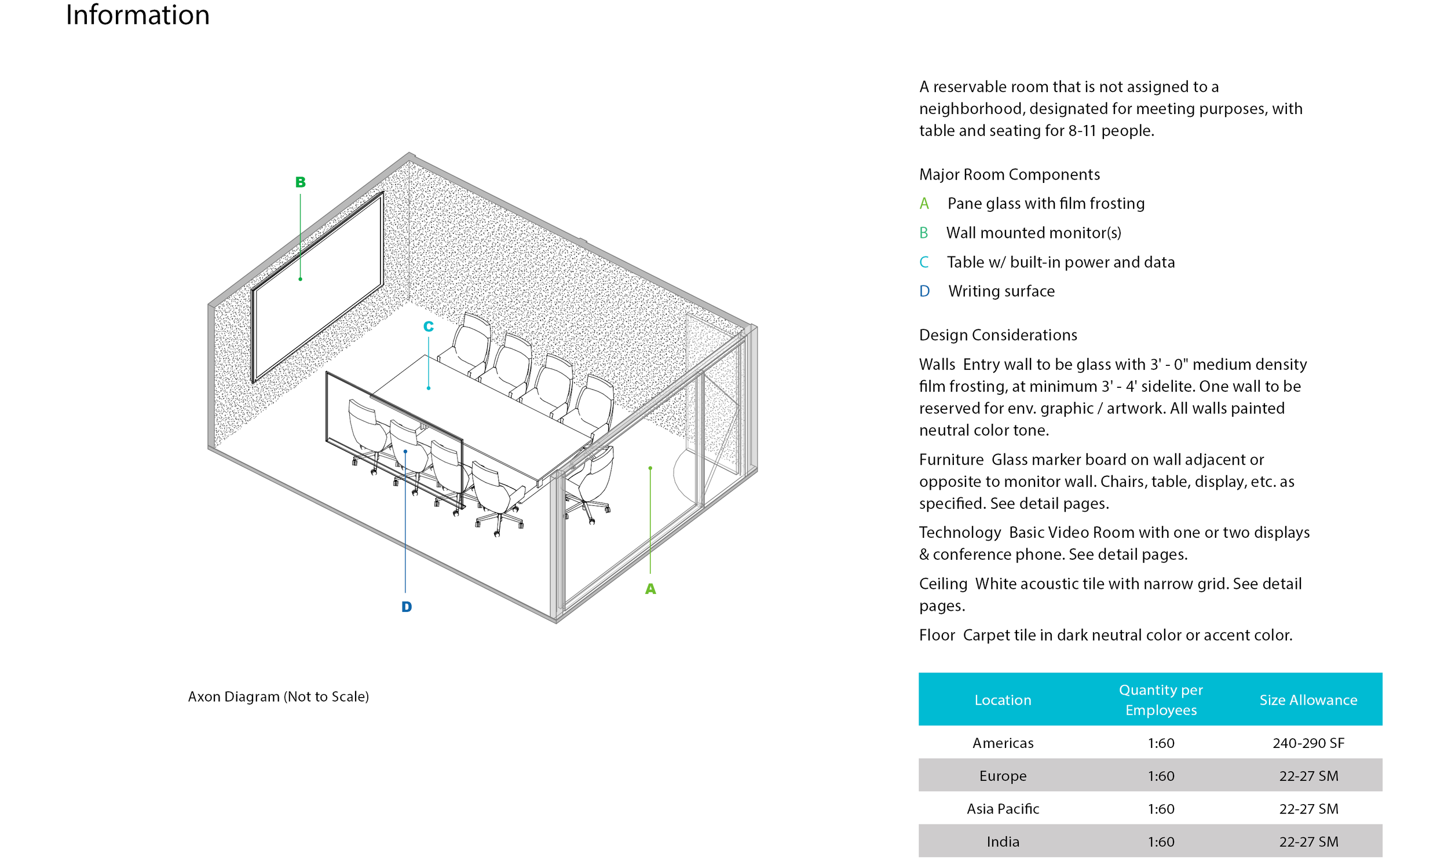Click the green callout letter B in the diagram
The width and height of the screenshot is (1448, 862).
pos(301,182)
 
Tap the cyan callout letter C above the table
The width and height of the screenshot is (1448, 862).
pos(428,327)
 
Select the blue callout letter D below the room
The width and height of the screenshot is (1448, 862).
pos(407,607)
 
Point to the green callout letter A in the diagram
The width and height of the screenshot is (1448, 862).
pos(650,589)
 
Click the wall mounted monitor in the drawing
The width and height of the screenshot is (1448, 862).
pos(317,287)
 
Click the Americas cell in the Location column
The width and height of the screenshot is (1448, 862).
pos(1003,743)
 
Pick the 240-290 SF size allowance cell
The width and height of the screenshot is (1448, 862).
pos(1308,743)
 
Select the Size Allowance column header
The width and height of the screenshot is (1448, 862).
pos(1308,700)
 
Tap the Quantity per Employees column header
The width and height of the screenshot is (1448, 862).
pos(1160,700)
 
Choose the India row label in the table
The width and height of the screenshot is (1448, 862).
pos(1003,842)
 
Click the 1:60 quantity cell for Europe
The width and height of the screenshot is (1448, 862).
pos(1160,776)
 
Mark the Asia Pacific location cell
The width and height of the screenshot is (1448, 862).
pos(1003,809)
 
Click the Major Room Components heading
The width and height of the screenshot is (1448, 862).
pos(1010,175)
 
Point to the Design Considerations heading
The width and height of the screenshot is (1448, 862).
pos(998,335)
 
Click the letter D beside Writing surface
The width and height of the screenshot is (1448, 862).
pos(924,292)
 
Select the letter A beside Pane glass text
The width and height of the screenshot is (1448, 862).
pos(924,204)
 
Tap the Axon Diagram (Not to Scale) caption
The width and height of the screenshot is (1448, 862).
pos(279,696)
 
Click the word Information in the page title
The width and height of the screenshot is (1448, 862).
pos(138,14)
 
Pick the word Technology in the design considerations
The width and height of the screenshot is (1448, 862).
pos(960,533)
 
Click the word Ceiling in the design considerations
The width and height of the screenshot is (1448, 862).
pos(943,584)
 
